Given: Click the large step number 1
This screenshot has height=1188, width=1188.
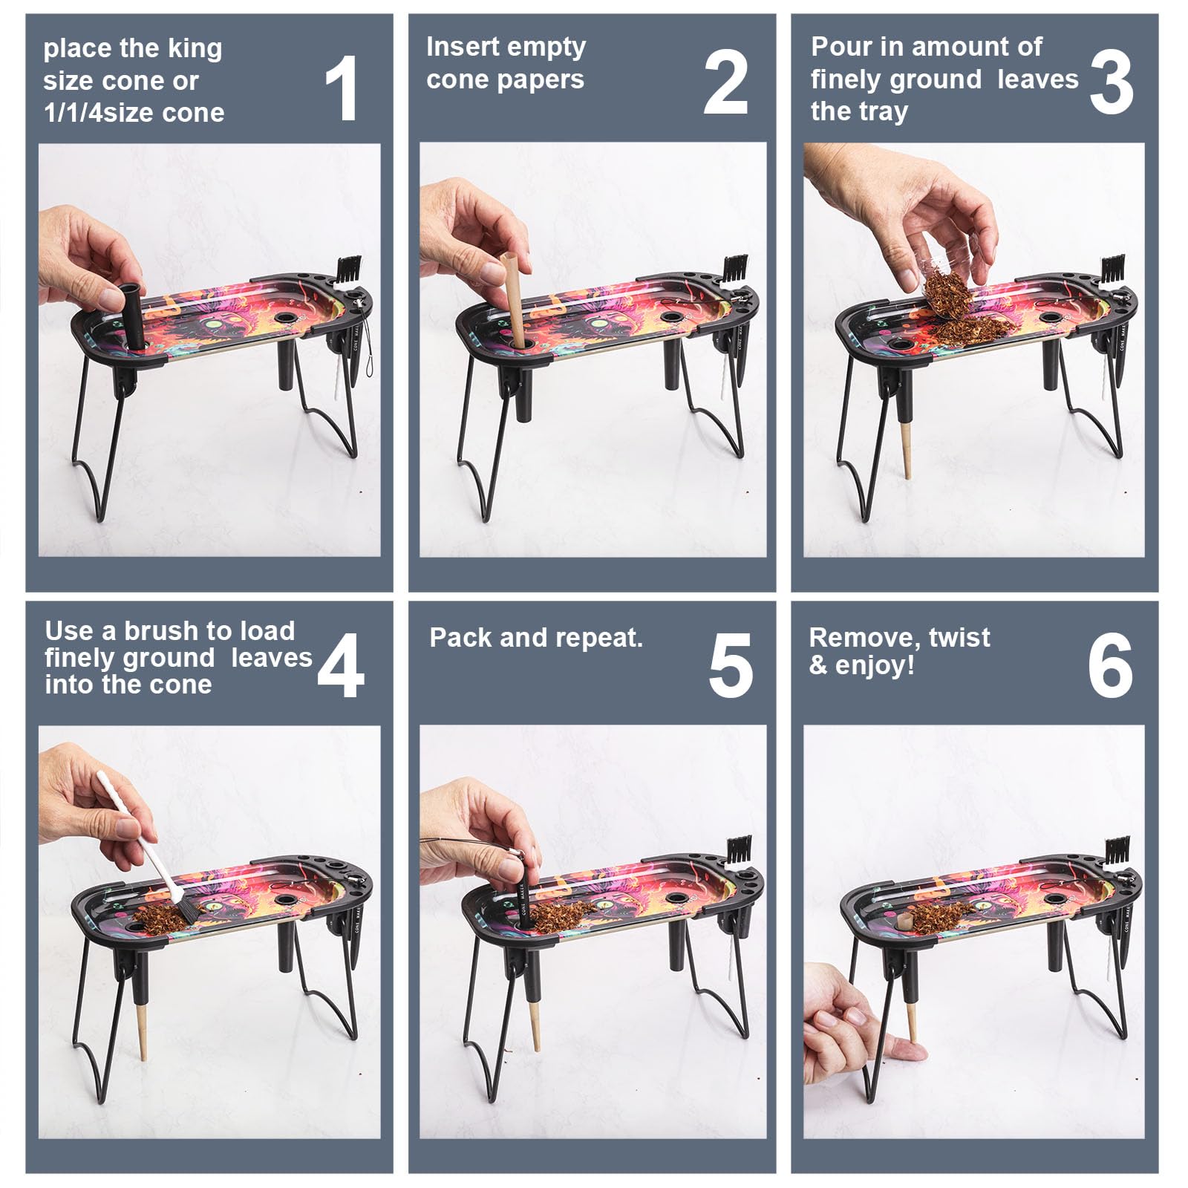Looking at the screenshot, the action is click(x=342, y=89).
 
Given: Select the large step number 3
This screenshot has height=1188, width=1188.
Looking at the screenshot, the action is click(x=1112, y=83).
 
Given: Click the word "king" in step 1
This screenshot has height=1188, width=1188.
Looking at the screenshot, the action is click(x=193, y=49).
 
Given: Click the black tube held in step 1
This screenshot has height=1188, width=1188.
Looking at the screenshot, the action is click(x=131, y=316).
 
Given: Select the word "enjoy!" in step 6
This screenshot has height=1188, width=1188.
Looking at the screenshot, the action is click(x=875, y=665).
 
